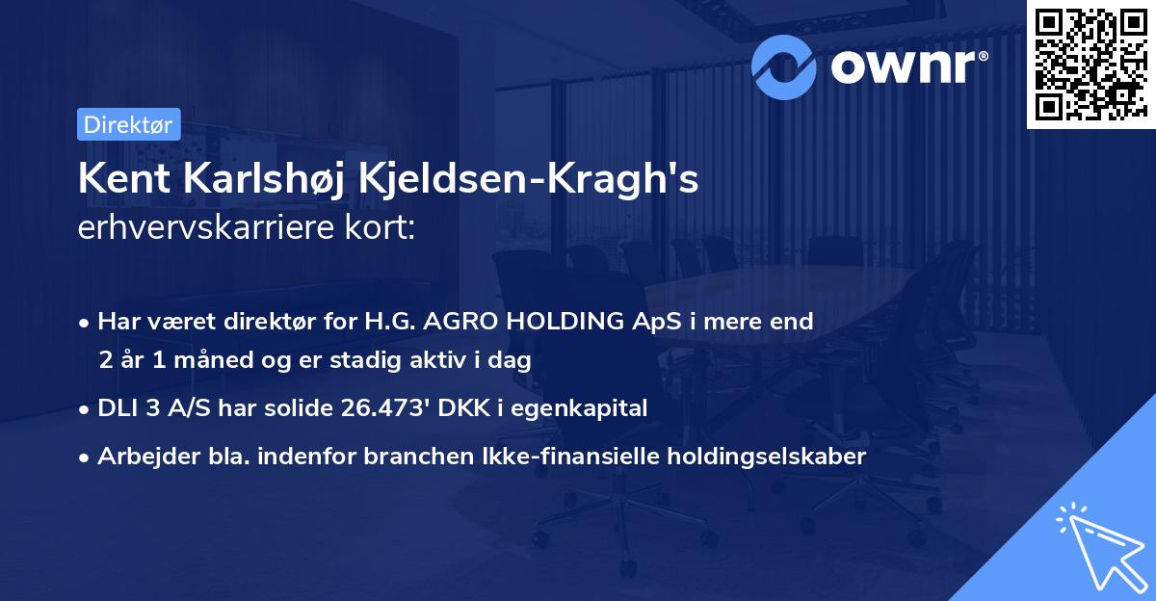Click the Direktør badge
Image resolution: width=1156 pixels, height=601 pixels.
tap(128, 124)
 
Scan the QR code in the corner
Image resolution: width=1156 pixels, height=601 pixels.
tap(1090, 65)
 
